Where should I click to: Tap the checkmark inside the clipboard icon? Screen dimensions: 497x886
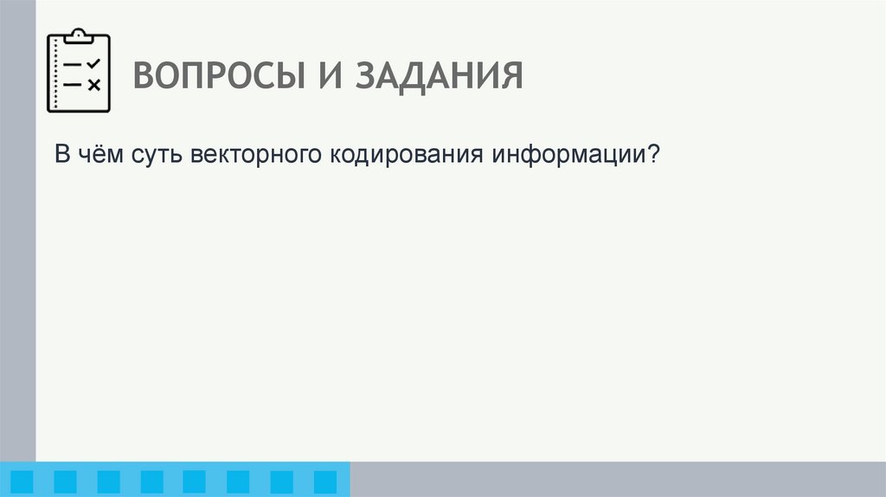(x=94, y=64)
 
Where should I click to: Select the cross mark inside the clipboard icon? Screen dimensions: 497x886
(x=94, y=84)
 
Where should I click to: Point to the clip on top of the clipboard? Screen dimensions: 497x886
(x=79, y=35)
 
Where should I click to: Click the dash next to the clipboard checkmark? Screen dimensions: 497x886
(x=74, y=65)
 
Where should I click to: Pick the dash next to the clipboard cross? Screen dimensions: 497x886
(x=74, y=84)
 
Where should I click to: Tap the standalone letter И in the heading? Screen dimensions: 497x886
(x=326, y=76)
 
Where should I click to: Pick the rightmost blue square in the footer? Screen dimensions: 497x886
(x=324, y=481)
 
